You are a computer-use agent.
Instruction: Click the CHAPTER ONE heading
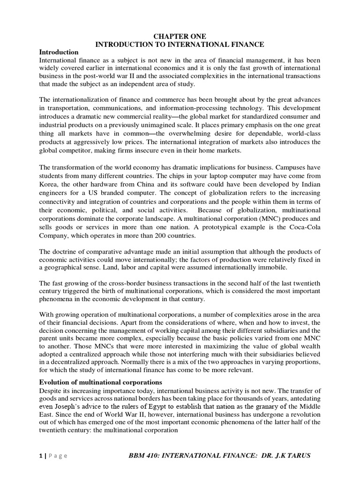180,36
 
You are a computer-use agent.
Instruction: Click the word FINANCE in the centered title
248,44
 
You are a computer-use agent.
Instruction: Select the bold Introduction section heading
59,52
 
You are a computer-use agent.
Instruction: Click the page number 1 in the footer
40,456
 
